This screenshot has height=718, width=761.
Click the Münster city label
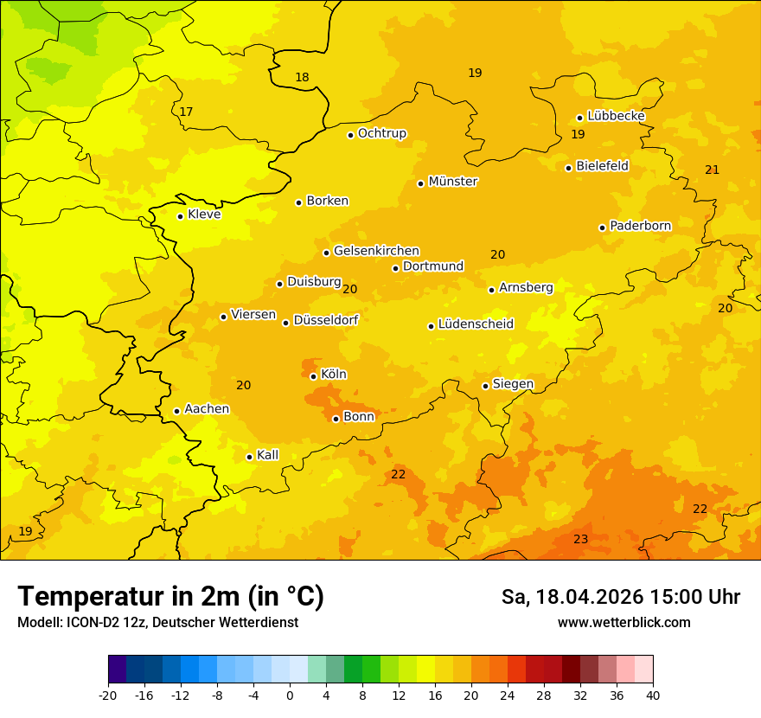[x=453, y=182]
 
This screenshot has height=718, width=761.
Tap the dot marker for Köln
[x=313, y=376]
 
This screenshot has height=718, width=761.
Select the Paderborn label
[x=641, y=226]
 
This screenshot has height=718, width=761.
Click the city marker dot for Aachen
[x=176, y=411]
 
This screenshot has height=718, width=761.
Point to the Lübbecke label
[x=617, y=116]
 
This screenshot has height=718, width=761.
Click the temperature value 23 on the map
[x=581, y=540]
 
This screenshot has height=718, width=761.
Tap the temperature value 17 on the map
[x=186, y=112]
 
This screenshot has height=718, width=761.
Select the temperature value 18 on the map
[x=302, y=78]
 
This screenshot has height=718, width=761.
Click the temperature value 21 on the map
[x=712, y=170]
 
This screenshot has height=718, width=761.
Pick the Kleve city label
[x=204, y=215]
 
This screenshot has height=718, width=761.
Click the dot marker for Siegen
[x=485, y=386]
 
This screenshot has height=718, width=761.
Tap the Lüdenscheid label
[x=476, y=324]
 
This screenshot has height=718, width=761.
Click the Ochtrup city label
[x=382, y=133]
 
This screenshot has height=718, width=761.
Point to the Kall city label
[x=268, y=455]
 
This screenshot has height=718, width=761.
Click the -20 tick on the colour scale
[x=108, y=695]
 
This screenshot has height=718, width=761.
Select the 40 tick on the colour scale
[x=653, y=695]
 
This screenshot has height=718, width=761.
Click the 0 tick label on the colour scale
[x=290, y=695]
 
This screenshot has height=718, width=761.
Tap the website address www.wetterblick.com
[x=624, y=623]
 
